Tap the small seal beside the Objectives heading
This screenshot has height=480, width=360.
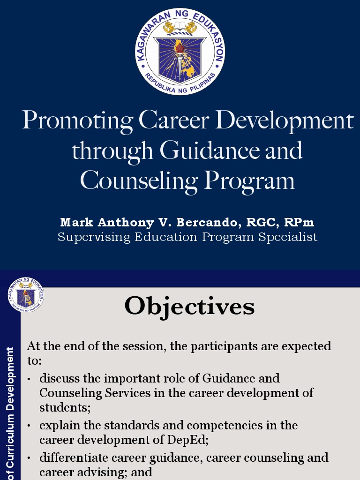click(26, 295)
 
